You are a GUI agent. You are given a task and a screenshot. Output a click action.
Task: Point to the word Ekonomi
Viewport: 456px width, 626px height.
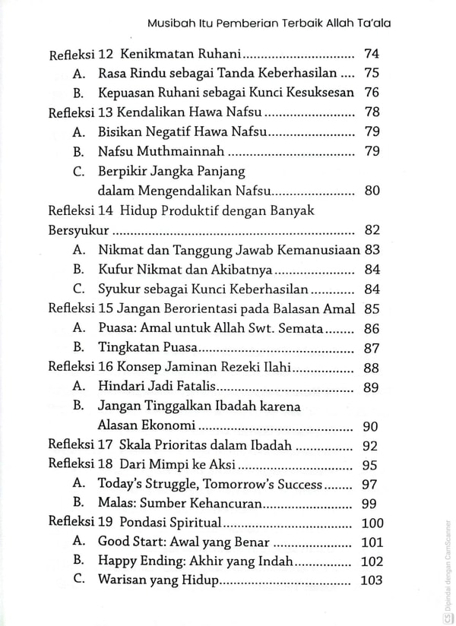click(x=170, y=425)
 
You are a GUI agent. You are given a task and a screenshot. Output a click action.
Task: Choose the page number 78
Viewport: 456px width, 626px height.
click(x=372, y=112)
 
